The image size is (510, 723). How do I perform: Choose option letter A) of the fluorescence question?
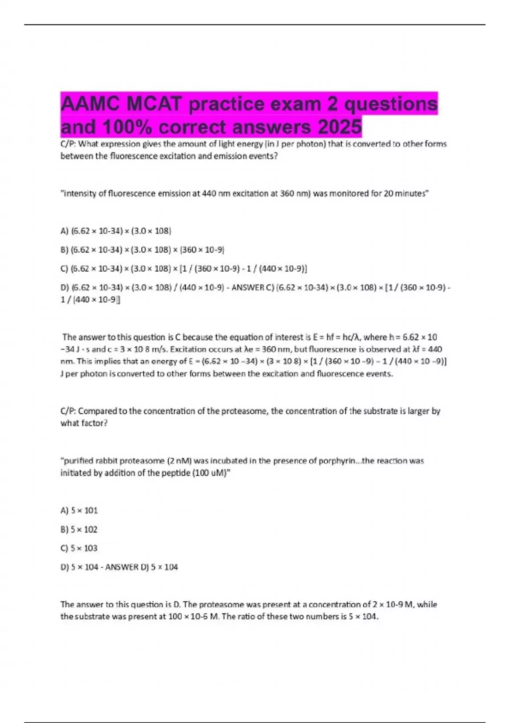point(65,231)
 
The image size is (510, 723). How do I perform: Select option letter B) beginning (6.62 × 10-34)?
point(65,250)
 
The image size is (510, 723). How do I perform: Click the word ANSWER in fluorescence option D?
point(248,287)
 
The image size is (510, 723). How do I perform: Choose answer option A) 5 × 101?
point(79,510)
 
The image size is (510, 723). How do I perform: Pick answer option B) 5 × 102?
point(79,529)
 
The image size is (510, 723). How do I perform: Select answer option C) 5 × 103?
point(79,548)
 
